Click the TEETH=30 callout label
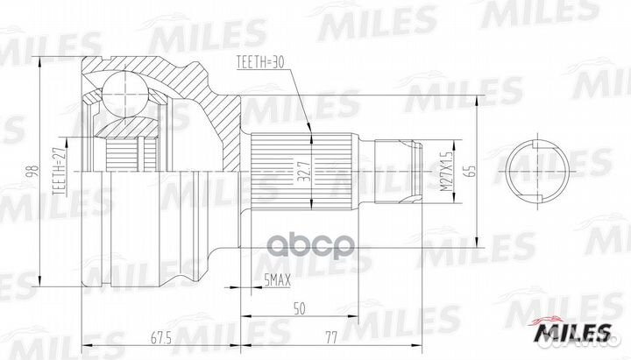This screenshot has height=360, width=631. [x=260, y=63]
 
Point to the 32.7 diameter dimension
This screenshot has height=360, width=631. [x=303, y=171]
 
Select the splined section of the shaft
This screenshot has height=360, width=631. [x=302, y=172]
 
